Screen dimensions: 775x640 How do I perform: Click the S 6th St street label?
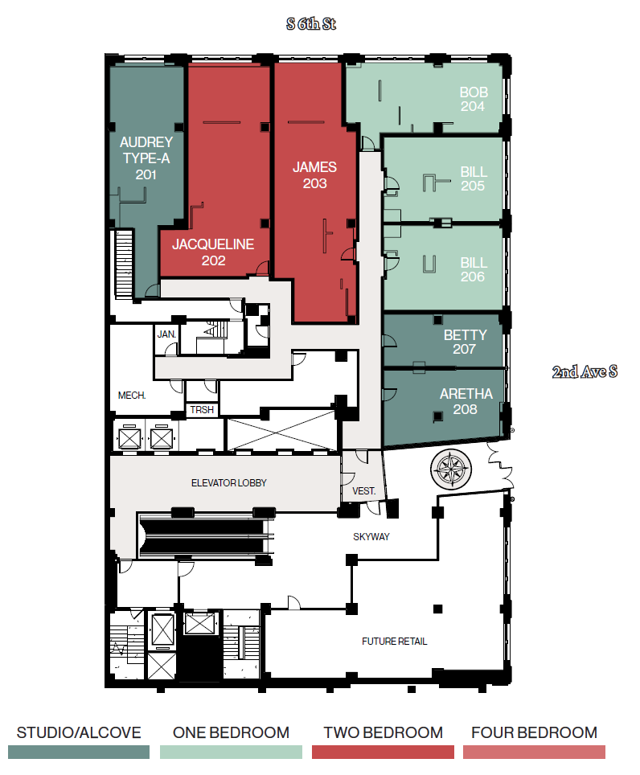point(310,24)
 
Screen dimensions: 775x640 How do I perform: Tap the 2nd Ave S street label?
point(585,372)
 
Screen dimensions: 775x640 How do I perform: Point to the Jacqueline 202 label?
point(213,252)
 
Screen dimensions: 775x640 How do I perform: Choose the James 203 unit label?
point(314,175)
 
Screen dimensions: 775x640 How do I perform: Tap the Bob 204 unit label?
point(473,99)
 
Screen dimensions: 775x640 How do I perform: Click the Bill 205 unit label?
point(474,179)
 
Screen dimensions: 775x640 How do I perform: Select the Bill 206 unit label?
point(474,269)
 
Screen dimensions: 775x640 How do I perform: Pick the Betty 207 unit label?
point(465,342)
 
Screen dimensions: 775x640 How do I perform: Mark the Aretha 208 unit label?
point(465,401)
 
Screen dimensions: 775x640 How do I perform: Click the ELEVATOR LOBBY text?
point(228,483)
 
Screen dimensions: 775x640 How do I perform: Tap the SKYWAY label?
point(371,536)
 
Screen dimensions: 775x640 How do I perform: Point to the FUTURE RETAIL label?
point(394,642)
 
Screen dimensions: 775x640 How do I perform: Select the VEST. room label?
point(363,491)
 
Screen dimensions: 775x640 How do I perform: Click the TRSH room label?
point(202,410)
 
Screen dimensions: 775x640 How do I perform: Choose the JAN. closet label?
point(166,334)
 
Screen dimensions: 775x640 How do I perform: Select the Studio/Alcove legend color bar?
point(79,752)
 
